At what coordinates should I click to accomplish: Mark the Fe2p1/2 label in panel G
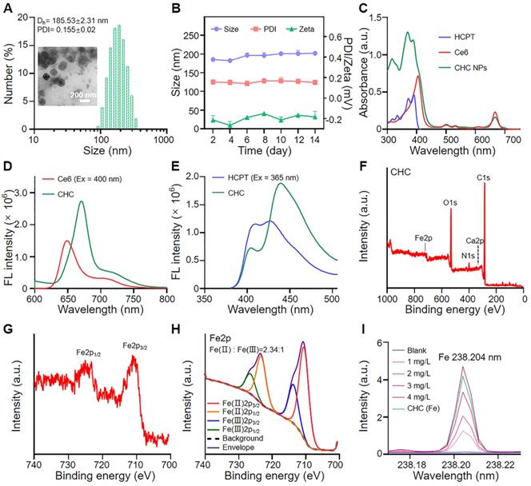(82, 349)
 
